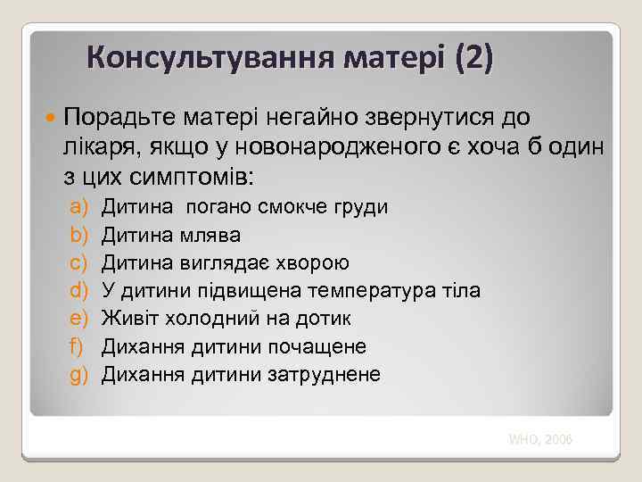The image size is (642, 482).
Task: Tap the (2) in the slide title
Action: point(472,59)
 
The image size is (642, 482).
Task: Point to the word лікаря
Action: point(98,145)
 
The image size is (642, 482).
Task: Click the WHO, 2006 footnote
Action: point(540,439)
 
